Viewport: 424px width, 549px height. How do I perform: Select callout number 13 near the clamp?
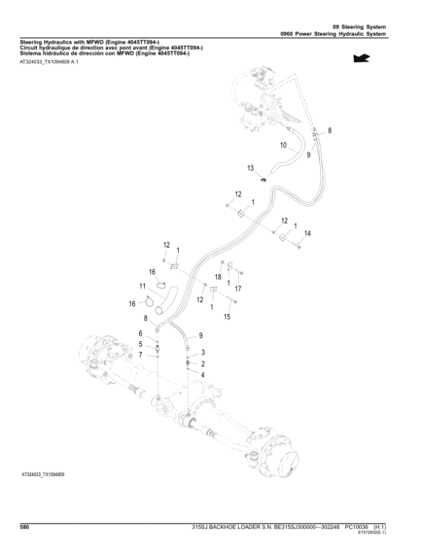250,168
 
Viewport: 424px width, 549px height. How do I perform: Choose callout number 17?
238,289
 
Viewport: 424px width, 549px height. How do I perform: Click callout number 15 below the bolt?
227,316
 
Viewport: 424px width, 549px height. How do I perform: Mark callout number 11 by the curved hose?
142,286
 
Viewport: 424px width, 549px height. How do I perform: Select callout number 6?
140,333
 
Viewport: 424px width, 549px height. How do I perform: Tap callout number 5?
140,344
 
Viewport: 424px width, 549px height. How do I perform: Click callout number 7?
140,354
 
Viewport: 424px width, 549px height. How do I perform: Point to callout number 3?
204,352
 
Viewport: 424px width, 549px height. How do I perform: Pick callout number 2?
204,363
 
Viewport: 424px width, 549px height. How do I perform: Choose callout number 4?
204,374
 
